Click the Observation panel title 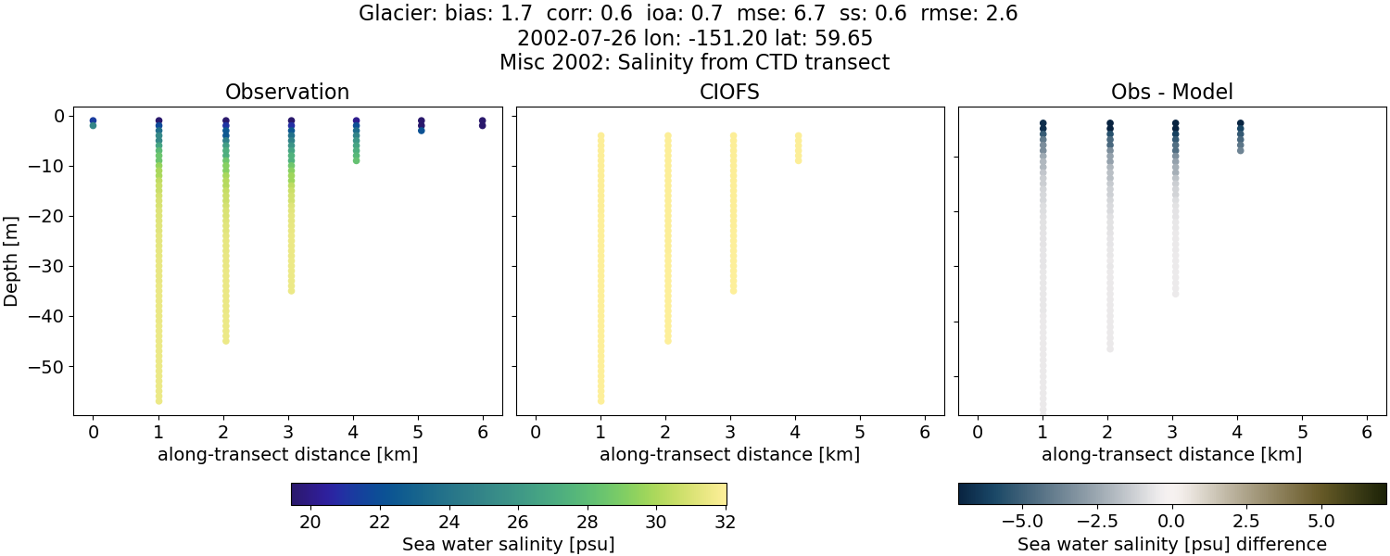click(x=287, y=92)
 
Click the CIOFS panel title click(x=729, y=92)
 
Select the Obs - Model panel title click(x=1171, y=92)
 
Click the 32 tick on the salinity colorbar click(x=726, y=522)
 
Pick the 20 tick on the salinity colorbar click(x=310, y=522)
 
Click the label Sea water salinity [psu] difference click(x=1171, y=544)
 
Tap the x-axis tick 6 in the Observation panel click(x=482, y=433)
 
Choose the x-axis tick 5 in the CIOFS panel click(x=860, y=433)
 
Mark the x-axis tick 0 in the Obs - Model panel click(x=978, y=433)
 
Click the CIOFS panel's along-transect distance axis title click(x=729, y=455)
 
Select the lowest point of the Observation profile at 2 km click(x=225, y=340)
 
